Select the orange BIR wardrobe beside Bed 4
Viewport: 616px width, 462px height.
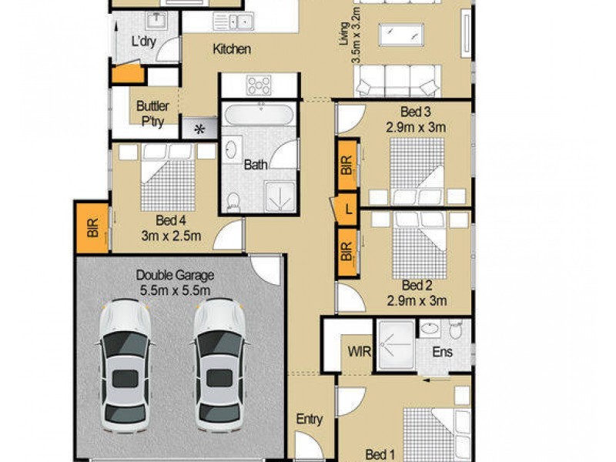pyautogui.click(x=92, y=228)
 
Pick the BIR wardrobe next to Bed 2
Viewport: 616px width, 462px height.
pyautogui.click(x=347, y=251)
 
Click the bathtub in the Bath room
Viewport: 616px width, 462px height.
pyautogui.click(x=259, y=117)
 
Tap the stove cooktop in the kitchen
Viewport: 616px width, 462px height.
pyautogui.click(x=259, y=84)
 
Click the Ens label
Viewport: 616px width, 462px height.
pyautogui.click(x=442, y=353)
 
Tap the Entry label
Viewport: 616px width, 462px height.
pyautogui.click(x=309, y=420)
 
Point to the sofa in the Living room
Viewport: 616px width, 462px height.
pyautogui.click(x=397, y=79)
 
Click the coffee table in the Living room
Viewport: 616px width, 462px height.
pyautogui.click(x=400, y=35)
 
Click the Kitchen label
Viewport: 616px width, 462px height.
pyautogui.click(x=232, y=49)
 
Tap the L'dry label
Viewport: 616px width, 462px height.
pyautogui.click(x=144, y=42)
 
